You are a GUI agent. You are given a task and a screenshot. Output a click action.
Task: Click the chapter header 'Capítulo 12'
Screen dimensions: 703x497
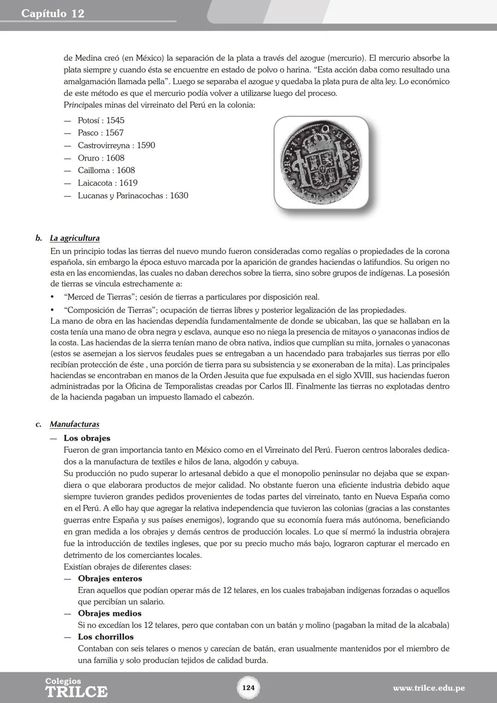(53, 13)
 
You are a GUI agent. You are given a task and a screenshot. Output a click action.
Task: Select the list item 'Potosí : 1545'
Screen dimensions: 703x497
(101, 121)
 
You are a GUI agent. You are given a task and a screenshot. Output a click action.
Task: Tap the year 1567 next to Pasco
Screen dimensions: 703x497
(114, 133)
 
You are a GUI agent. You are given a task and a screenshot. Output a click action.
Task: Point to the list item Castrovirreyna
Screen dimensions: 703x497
(116, 145)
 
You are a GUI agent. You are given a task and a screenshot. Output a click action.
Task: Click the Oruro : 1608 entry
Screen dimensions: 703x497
(101, 158)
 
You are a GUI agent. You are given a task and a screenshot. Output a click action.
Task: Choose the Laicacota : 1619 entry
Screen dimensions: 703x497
(107, 183)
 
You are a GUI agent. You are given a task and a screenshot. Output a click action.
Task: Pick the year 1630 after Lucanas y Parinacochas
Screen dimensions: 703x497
(179, 196)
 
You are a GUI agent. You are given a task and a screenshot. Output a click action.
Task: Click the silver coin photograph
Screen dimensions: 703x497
(321, 162)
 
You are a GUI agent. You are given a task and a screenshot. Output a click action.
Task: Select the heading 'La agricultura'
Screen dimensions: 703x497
(75, 238)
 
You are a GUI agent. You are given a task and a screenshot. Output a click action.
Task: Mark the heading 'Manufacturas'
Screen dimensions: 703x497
(75, 424)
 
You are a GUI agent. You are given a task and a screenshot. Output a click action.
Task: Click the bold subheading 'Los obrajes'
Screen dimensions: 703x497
(87, 438)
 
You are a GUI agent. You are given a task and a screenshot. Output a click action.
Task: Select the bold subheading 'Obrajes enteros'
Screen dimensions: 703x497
(110, 579)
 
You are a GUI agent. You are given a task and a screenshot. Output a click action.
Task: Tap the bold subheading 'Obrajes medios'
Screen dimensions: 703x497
(110, 614)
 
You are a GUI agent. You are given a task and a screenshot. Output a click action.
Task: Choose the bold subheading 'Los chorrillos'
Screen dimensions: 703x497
(106, 637)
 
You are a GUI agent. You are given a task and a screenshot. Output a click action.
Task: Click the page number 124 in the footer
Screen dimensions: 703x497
(248, 688)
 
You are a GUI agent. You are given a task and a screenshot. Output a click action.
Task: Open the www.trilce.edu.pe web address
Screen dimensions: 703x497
(428, 688)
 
